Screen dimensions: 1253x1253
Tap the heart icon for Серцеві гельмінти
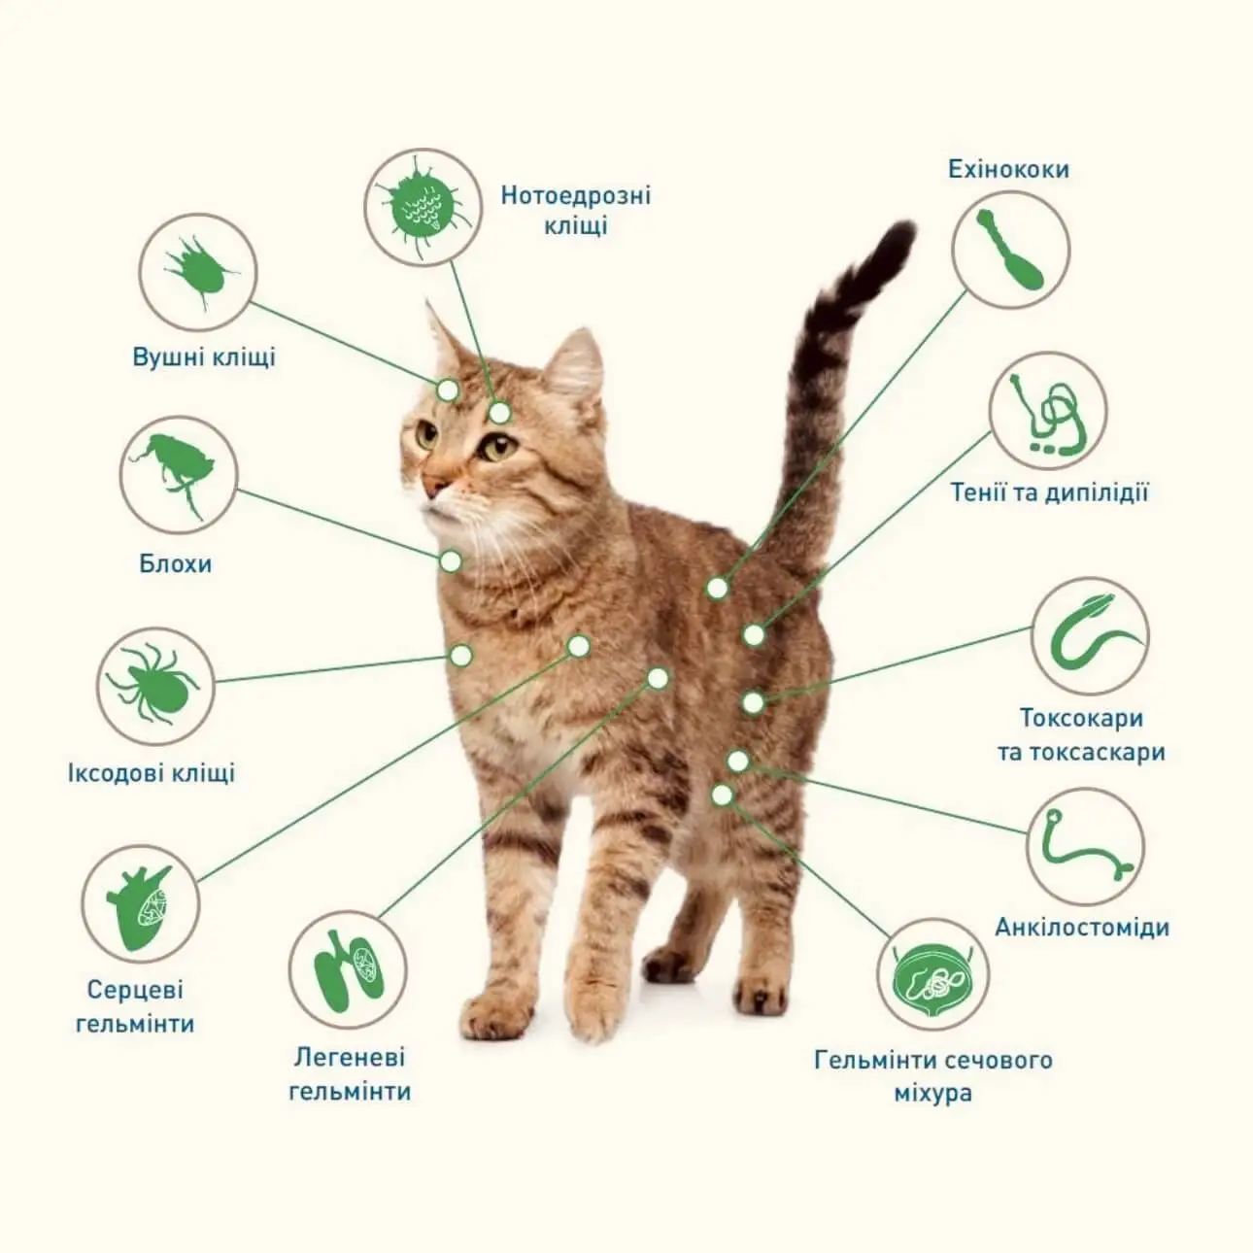(139, 905)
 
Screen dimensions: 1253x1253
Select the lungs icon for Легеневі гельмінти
(347, 970)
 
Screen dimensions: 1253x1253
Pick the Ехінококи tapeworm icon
(1010, 249)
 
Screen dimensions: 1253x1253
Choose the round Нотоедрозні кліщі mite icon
(423, 207)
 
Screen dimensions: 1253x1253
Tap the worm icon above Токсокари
(1090, 636)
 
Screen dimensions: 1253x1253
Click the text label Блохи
(176, 563)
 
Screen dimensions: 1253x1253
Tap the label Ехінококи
(1008, 169)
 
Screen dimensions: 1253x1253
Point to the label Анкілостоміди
(1082, 928)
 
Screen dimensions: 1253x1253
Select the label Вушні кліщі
(204, 357)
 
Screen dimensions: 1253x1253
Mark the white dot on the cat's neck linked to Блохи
(451, 561)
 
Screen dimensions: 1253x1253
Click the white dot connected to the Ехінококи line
(717, 589)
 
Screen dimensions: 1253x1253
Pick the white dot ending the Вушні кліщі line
(448, 390)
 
